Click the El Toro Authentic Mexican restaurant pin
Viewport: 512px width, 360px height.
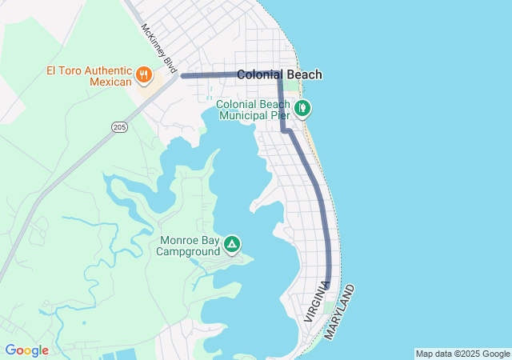[144, 75]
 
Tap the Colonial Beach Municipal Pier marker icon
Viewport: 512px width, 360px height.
[302, 107]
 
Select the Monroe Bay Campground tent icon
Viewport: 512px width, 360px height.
[232, 243]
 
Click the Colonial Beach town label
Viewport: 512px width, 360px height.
[279, 74]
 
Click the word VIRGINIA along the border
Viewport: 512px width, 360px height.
[316, 302]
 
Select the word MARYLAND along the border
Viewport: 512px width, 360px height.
[339, 310]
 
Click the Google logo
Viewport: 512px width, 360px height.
[26, 350]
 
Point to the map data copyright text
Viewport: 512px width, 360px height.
[462, 354]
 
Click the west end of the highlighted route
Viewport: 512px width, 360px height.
[183, 76]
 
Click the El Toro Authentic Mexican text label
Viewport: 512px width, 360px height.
[89, 76]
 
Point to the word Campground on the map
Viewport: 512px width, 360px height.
[188, 252]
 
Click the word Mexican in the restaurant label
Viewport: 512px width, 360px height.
[109, 82]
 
